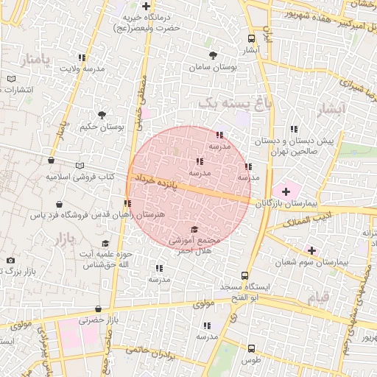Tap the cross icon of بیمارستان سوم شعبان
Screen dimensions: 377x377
(312, 250)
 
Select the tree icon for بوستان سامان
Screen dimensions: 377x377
(214, 56)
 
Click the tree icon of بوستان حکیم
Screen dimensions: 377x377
(102, 115)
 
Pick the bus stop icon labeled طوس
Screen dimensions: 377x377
(252, 348)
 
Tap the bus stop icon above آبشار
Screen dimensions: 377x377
(252, 39)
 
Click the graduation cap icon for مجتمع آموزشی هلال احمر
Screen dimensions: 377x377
(194, 229)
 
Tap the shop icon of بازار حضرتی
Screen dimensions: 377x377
(98, 309)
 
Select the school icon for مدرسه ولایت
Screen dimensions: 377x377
(82, 57)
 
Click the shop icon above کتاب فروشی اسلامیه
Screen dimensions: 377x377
(51, 161)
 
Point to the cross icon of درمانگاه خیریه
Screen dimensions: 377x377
(147, 6)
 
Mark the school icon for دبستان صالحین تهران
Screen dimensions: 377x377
(295, 129)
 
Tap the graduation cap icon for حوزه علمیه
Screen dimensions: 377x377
(105, 244)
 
